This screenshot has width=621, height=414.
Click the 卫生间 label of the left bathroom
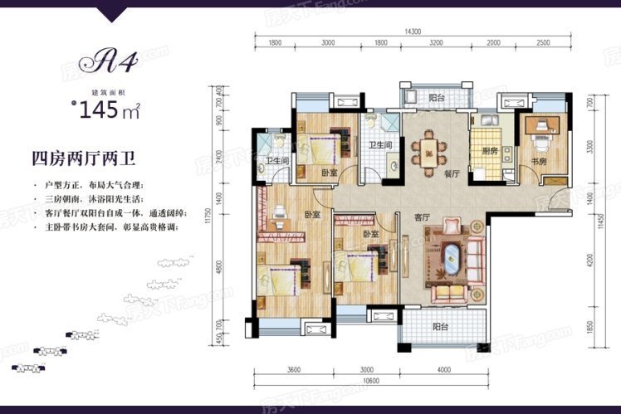pos(276,161)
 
